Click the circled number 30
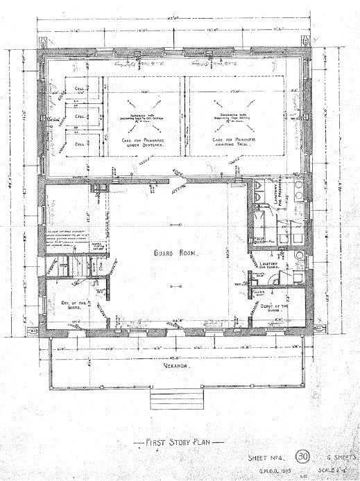click(x=302, y=457)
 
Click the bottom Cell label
click(x=80, y=144)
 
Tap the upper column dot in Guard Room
click(x=177, y=223)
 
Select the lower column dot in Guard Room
click(x=177, y=283)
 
